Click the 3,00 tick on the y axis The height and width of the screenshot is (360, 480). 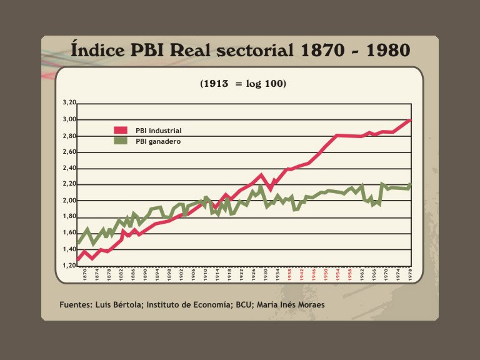69,119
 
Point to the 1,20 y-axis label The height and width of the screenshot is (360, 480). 69,266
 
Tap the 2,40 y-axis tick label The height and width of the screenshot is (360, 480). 69,168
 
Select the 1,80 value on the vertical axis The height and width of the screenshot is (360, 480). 69,217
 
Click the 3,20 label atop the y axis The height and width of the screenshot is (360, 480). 69,103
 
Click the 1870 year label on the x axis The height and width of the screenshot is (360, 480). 84,274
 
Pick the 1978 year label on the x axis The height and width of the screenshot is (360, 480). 409,274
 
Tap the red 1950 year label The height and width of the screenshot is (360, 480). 325,274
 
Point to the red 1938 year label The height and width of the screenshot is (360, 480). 289,274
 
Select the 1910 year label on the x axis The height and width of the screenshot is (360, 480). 205,274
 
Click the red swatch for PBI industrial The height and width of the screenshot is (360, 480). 121,130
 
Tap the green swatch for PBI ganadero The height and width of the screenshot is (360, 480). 121,141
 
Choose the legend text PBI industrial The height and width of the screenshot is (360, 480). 159,131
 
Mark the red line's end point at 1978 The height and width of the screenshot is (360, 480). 410,119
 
